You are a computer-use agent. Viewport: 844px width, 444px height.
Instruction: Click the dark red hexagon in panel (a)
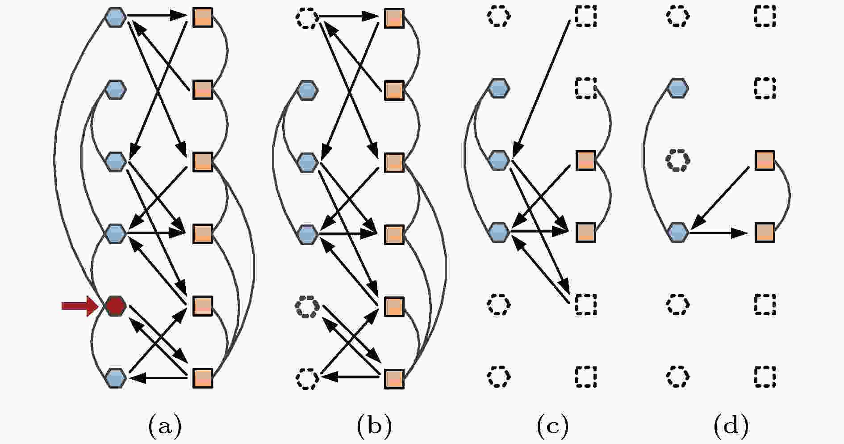coord(116,306)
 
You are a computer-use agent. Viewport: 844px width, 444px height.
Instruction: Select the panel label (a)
coord(165,425)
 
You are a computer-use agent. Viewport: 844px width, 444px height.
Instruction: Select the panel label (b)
coord(374,425)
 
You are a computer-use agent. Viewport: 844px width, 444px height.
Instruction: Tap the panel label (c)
coord(553,425)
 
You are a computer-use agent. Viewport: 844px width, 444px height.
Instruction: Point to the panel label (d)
coord(731,425)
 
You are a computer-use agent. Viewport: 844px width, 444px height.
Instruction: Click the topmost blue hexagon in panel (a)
coord(116,17)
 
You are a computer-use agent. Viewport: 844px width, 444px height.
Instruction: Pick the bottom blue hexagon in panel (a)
coord(116,378)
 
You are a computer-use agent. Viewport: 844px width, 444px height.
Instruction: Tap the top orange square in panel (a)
coord(202,17)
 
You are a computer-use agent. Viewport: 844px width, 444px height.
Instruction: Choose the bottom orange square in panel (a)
coord(202,378)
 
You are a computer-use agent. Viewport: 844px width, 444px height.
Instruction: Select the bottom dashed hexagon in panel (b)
coord(307,378)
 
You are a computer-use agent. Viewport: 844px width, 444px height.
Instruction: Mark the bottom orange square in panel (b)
coord(394,378)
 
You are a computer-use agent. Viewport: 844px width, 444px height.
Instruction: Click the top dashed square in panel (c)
coord(585,17)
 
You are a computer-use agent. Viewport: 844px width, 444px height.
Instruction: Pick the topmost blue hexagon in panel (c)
coord(498,88)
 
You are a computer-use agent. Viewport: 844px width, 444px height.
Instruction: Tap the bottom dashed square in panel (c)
coord(585,376)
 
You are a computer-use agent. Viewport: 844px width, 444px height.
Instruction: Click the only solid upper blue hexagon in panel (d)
coord(677,88)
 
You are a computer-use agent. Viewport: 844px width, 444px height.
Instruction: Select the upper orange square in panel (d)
coord(765,160)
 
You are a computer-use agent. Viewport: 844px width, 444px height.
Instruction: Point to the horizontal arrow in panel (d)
coord(719,233)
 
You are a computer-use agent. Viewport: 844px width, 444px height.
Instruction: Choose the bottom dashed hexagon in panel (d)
coord(677,376)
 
